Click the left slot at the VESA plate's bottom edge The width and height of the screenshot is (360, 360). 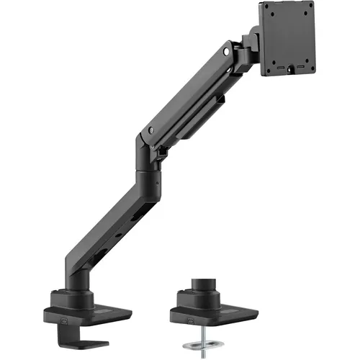click(277, 70)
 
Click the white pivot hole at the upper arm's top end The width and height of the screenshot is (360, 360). click(229, 53)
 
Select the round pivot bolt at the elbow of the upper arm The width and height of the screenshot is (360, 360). click(151, 130)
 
